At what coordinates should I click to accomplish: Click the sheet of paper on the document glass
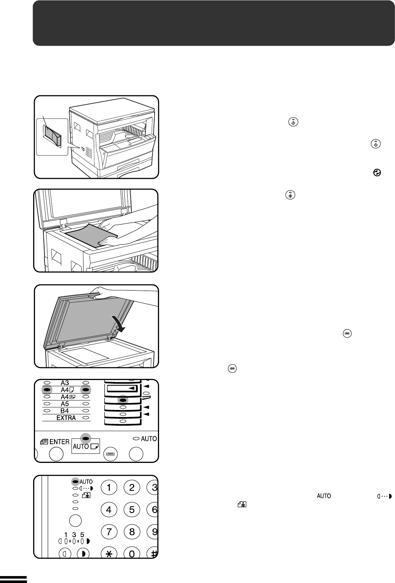tap(91, 235)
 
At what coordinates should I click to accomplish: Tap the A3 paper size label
tap(65, 383)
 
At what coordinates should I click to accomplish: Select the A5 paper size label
tap(65, 404)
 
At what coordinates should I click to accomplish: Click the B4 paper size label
tap(65, 411)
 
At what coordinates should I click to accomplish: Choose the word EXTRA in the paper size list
tap(66, 418)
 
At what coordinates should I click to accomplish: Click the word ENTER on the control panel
tap(59, 442)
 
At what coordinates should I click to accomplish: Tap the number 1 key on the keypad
tap(109, 487)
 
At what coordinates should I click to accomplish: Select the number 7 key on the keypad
tap(109, 532)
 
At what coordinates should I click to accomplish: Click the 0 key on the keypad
tap(132, 554)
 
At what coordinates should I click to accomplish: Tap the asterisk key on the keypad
tap(109, 554)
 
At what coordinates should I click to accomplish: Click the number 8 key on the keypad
tap(132, 532)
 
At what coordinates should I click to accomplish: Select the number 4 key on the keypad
tap(109, 509)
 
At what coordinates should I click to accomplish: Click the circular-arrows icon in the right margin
tap(377, 173)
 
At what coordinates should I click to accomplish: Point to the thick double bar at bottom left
tap(13, 579)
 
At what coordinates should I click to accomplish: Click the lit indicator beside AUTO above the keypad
tap(75, 482)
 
